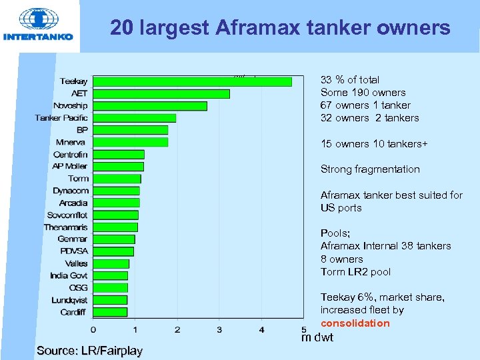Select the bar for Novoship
point(150,105)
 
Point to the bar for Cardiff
point(110,311)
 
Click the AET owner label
point(79,93)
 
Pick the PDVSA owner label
point(73,251)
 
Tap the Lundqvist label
point(69,300)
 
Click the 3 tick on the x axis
point(219,329)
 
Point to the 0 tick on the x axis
point(93,329)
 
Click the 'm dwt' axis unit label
point(317,338)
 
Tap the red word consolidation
point(355,323)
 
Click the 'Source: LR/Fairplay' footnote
point(89,350)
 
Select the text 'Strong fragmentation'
point(370,169)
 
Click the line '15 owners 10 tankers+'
point(374,144)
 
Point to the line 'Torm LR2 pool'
point(355,272)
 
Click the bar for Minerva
point(130,142)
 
